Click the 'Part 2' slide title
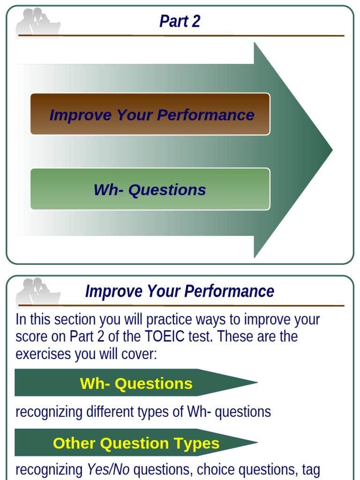[x=180, y=22]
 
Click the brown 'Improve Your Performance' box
[x=150, y=114]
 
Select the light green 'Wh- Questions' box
[x=150, y=189]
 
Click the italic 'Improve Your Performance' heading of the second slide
[x=180, y=292]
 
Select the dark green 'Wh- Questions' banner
[x=136, y=383]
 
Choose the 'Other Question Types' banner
[x=136, y=442]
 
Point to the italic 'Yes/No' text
[x=108, y=470]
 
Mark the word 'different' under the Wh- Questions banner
[x=109, y=412]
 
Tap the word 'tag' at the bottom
[x=310, y=470]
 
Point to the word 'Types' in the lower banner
[x=197, y=443]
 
